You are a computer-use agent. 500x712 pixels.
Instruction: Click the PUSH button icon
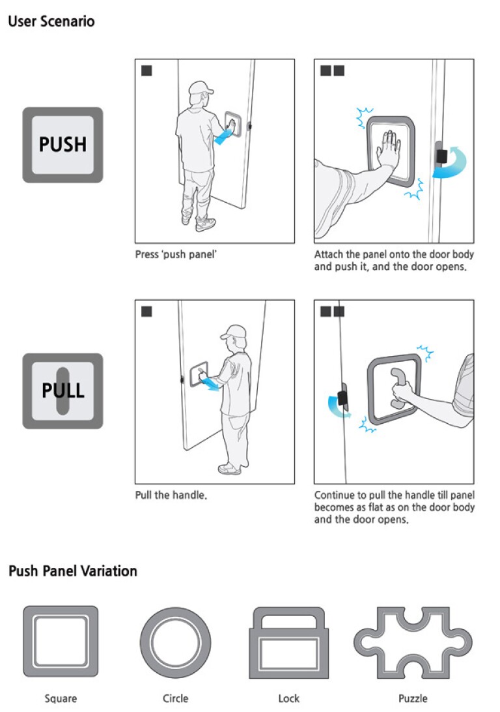point(62,145)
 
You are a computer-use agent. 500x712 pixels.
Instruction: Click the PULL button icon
point(62,391)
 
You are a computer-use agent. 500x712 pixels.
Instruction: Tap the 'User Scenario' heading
point(51,22)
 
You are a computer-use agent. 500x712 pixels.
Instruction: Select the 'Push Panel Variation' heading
point(73,571)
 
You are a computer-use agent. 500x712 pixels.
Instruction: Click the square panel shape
point(61,642)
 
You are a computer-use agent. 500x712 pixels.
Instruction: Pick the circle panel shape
point(175,642)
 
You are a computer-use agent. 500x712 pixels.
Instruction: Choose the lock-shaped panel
point(288,642)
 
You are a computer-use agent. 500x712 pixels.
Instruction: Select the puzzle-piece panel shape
point(413,642)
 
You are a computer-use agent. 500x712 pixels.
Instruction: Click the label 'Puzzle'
point(413,698)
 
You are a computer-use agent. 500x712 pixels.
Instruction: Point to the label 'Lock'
point(288,698)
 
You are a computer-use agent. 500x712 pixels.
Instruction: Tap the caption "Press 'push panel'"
point(176,254)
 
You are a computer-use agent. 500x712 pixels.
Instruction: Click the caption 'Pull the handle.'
point(171,496)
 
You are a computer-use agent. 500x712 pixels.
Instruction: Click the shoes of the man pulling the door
point(229,467)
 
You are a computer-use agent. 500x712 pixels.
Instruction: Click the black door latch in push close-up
point(441,155)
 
